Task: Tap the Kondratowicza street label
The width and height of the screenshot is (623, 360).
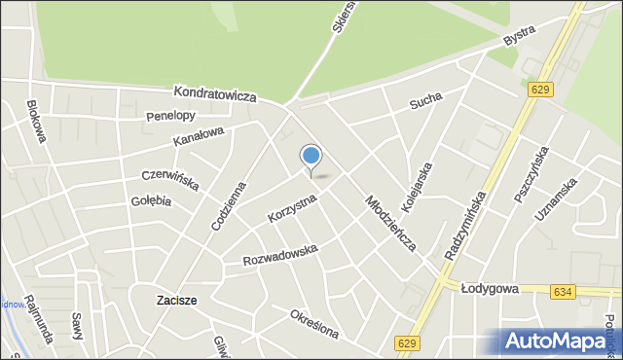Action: pos(214,94)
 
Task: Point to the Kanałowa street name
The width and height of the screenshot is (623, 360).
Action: pos(199,137)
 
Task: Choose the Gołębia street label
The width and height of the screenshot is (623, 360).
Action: pos(151,201)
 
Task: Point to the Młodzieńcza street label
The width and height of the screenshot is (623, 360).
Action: pos(390,223)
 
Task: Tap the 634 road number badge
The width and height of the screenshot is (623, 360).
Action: pos(561,291)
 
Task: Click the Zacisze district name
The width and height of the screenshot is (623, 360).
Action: pos(177,301)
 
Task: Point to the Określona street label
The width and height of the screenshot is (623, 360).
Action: pos(313,324)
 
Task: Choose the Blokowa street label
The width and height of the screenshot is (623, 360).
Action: pos(37,122)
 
